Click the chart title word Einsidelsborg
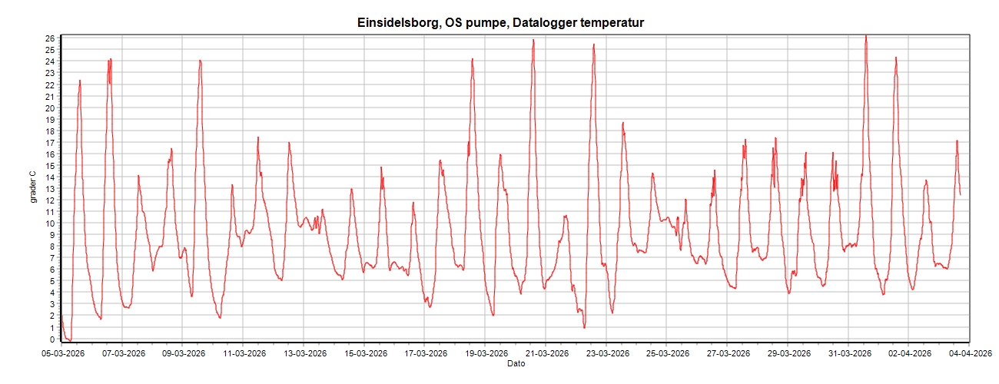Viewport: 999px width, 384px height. coord(398,23)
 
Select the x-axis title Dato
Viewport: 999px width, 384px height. coord(516,363)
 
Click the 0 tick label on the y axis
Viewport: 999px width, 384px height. coord(51,339)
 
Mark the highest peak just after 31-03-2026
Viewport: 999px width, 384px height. coord(866,35)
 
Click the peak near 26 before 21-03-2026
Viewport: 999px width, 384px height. coord(533,40)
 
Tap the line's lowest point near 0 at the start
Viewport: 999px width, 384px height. coord(70,339)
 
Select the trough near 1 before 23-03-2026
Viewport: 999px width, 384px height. coord(584,328)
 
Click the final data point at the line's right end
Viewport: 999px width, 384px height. coord(960,194)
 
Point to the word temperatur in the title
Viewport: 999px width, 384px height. coord(609,23)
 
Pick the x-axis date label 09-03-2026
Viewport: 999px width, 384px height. coord(183,354)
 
